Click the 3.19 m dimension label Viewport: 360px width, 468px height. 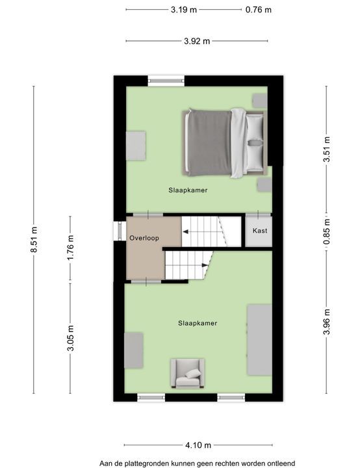[184, 10]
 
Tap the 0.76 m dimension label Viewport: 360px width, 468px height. [259, 10]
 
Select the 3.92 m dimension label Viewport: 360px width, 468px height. [197, 41]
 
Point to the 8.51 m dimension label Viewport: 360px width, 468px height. [34, 239]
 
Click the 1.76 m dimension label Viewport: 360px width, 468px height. [70, 248]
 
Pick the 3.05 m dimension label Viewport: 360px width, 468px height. [70, 338]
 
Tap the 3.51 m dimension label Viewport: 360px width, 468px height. [327, 149]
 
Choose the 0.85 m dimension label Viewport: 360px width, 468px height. [327, 231]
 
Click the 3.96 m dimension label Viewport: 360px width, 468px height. [327, 322]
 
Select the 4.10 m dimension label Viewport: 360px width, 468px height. [198, 445]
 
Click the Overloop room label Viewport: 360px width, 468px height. [144, 238]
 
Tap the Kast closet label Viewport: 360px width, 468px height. [260, 231]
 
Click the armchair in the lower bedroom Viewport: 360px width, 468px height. [187, 373]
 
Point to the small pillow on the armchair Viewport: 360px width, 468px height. [193, 374]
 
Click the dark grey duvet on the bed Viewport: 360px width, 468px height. [209, 142]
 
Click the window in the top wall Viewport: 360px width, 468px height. [166, 81]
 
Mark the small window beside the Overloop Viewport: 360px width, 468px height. [120, 231]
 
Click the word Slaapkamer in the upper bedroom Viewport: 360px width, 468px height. [188, 190]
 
